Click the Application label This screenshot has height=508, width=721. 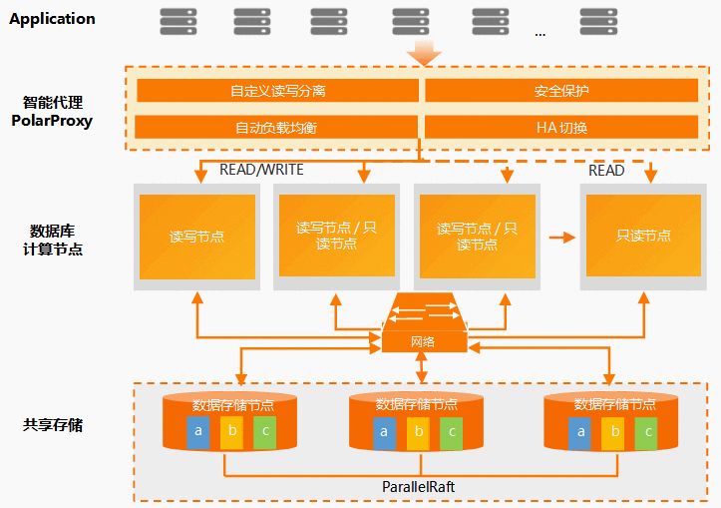click(x=52, y=19)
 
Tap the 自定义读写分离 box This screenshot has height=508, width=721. click(x=278, y=90)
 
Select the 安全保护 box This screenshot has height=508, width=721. click(x=561, y=90)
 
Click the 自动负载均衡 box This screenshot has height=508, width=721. click(x=276, y=127)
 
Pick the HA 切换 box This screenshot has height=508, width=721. click(x=561, y=127)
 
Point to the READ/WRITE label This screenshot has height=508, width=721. click(x=261, y=170)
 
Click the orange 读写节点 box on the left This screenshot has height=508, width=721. click(x=197, y=237)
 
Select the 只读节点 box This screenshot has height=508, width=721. click(x=643, y=236)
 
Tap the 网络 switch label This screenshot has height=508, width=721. click(x=423, y=342)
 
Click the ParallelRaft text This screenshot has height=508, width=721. click(x=419, y=487)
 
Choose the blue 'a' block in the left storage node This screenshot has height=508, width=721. click(x=198, y=432)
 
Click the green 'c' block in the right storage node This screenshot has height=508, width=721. click(x=646, y=433)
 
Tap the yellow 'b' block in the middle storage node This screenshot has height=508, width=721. click(x=418, y=433)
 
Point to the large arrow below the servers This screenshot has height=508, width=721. click(x=424, y=53)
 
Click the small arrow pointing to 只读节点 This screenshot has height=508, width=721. click(x=562, y=238)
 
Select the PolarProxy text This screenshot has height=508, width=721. click(x=52, y=121)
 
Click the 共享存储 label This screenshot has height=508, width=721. click(x=53, y=425)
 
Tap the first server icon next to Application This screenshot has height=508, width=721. click(x=179, y=21)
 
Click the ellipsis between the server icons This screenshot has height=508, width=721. click(x=541, y=34)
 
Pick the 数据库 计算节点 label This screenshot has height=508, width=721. click(x=53, y=240)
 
